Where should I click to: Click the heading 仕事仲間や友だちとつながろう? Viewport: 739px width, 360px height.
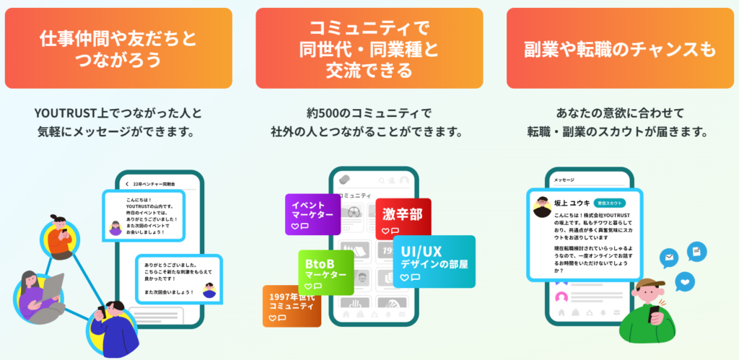click(x=118, y=48)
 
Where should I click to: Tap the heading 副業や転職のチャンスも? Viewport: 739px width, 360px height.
click(x=620, y=48)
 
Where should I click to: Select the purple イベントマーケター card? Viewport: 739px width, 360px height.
click(x=312, y=214)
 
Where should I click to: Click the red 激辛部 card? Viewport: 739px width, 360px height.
click(x=403, y=217)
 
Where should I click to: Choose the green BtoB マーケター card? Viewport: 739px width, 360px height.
click(x=325, y=271)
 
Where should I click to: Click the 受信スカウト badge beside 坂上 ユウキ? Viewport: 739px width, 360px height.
click(x=608, y=203)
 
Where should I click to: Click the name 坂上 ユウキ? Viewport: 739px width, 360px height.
click(x=573, y=203)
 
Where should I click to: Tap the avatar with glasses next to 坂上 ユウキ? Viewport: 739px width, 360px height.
click(x=543, y=207)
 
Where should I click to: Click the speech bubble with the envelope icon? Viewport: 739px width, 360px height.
click(x=669, y=258)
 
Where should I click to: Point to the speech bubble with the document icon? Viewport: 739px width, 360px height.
click(x=696, y=252)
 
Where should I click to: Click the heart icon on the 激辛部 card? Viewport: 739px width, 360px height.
click(x=385, y=231)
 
